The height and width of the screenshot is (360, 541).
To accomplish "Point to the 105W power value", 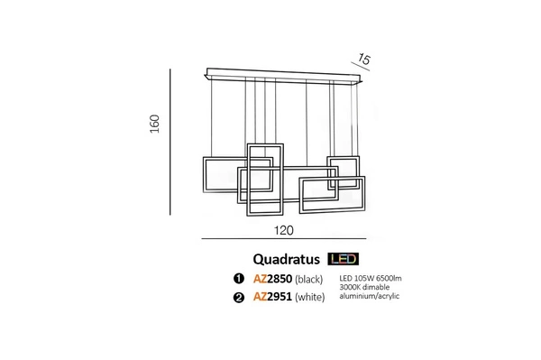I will pyautogui.click(x=364, y=278).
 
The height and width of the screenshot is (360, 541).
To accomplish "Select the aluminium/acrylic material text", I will pyautogui.click(x=371, y=296).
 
